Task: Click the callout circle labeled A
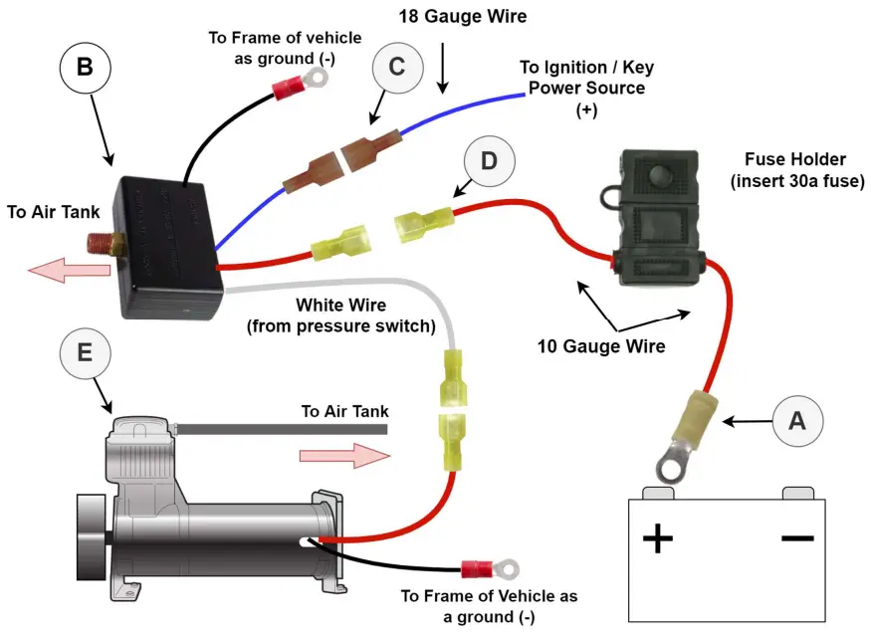click(796, 420)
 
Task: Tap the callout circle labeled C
click(396, 68)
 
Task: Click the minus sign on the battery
click(798, 537)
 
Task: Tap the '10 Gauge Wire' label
click(600, 346)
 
